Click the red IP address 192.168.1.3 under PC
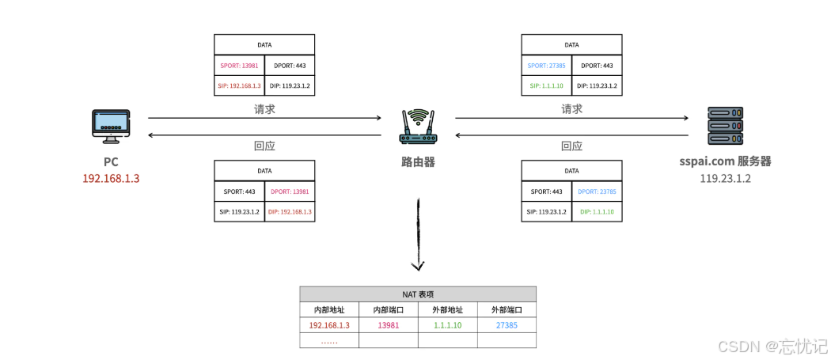[111, 178]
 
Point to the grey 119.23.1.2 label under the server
[724, 178]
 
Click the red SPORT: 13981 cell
[238, 66]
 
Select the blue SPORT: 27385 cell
[546, 66]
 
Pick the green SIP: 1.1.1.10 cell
[546, 85]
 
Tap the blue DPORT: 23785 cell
[597, 191]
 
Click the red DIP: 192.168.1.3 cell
[289, 211]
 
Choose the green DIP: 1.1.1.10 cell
[597, 211]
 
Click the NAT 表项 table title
[418, 293]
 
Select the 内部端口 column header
[388, 309]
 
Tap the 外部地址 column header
[447, 309]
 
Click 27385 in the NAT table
[507, 325]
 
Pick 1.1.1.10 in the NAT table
[447, 325]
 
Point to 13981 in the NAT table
[388, 325]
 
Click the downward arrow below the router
[418, 237]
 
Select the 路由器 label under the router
[417, 162]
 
